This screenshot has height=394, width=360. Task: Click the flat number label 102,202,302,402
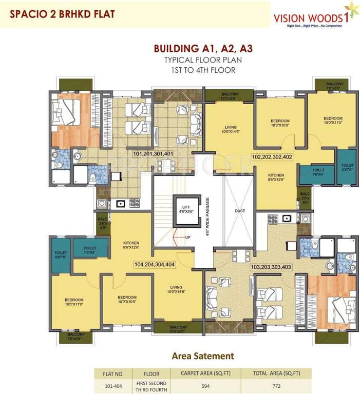click(x=272, y=157)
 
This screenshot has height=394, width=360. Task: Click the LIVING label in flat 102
click(x=230, y=128)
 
